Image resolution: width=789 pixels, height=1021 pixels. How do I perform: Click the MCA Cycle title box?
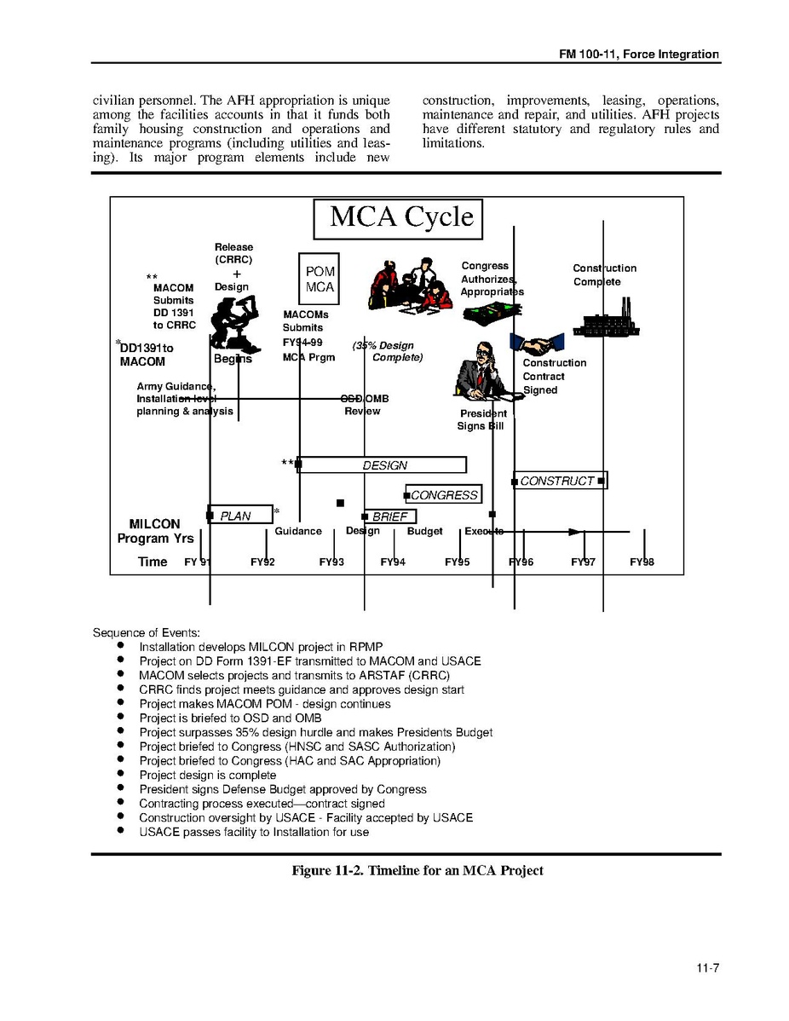point(398,218)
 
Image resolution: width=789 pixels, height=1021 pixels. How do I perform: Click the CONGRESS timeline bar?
point(444,495)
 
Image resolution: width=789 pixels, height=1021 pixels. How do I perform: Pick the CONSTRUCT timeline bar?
point(559,481)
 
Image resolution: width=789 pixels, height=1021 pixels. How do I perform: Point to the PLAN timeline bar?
point(239,515)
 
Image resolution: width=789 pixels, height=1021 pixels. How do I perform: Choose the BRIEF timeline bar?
point(390,516)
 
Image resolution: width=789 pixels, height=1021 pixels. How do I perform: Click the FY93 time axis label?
point(331,562)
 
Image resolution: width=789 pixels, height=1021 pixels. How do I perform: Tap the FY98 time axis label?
point(642,562)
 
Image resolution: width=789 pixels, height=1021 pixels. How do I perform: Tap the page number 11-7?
point(707,967)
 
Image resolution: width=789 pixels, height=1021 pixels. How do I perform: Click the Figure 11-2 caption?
point(417,870)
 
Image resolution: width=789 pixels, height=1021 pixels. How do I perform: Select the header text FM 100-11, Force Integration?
point(639,54)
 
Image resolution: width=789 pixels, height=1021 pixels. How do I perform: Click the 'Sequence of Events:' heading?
point(147,632)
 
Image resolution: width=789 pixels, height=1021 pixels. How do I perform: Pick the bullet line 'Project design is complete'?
point(208,776)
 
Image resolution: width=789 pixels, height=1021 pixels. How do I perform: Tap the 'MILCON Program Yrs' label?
point(155,531)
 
